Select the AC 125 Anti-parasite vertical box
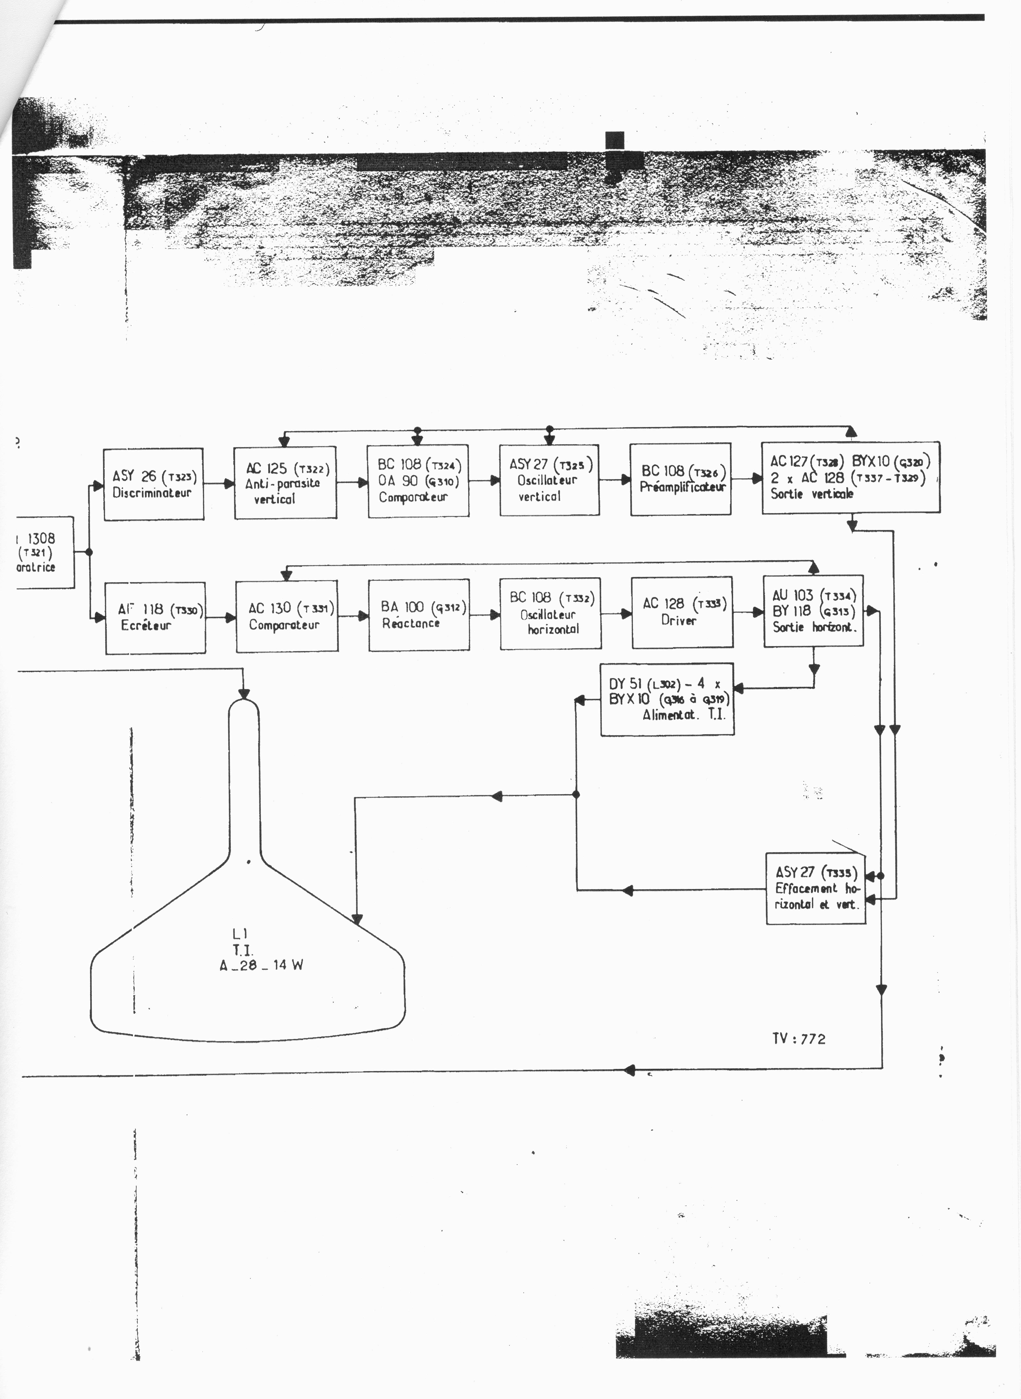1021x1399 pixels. pos(285,483)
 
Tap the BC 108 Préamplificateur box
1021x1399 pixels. pos(680,479)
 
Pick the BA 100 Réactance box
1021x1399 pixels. pos(418,615)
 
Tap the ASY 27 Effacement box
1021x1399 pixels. pos(815,888)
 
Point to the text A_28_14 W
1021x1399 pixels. pos(261,965)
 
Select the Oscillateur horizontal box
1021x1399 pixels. pos(550,613)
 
